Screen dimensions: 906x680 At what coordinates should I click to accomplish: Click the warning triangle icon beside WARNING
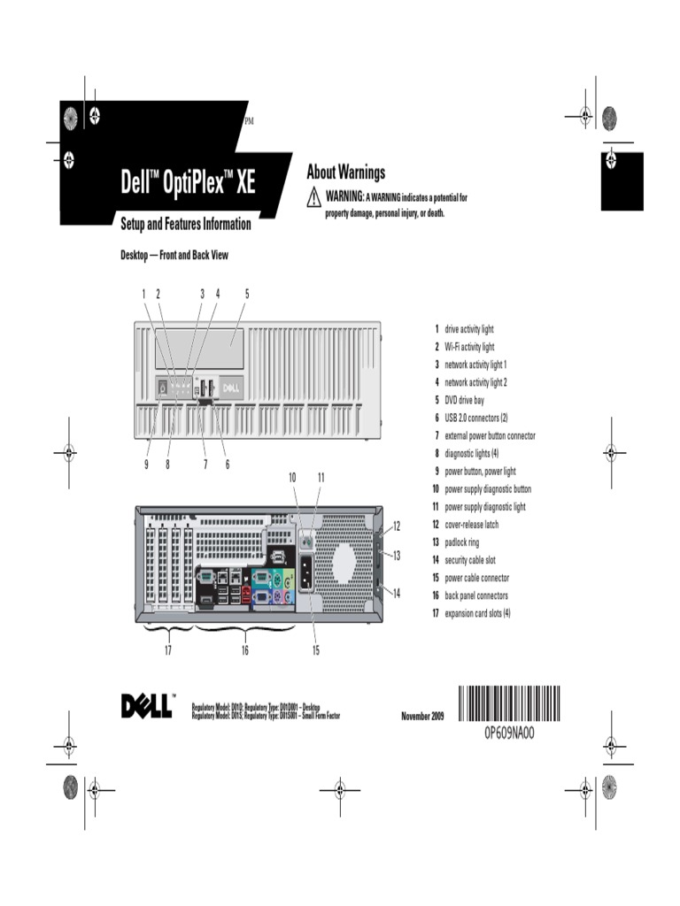[313, 198]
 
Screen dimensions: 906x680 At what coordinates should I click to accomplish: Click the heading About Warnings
[345, 173]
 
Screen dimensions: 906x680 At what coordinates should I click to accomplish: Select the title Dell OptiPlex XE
[187, 182]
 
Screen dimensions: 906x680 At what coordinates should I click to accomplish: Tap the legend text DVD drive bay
[464, 400]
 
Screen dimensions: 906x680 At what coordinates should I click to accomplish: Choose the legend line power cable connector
[476, 578]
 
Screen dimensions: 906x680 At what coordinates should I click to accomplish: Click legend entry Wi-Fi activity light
[469, 347]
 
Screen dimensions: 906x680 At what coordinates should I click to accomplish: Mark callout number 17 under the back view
[167, 650]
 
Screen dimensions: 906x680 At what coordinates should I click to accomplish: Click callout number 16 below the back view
[244, 650]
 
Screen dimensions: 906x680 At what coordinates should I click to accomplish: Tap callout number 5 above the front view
[247, 294]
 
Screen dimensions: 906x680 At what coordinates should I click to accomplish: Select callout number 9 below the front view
[147, 464]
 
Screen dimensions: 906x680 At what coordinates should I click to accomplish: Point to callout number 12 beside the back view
[398, 526]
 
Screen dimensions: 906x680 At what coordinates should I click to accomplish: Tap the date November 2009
[422, 715]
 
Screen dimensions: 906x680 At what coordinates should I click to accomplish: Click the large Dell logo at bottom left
[147, 706]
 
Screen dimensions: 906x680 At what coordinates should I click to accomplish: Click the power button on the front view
[162, 386]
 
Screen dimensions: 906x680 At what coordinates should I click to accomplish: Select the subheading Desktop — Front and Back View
[174, 256]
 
